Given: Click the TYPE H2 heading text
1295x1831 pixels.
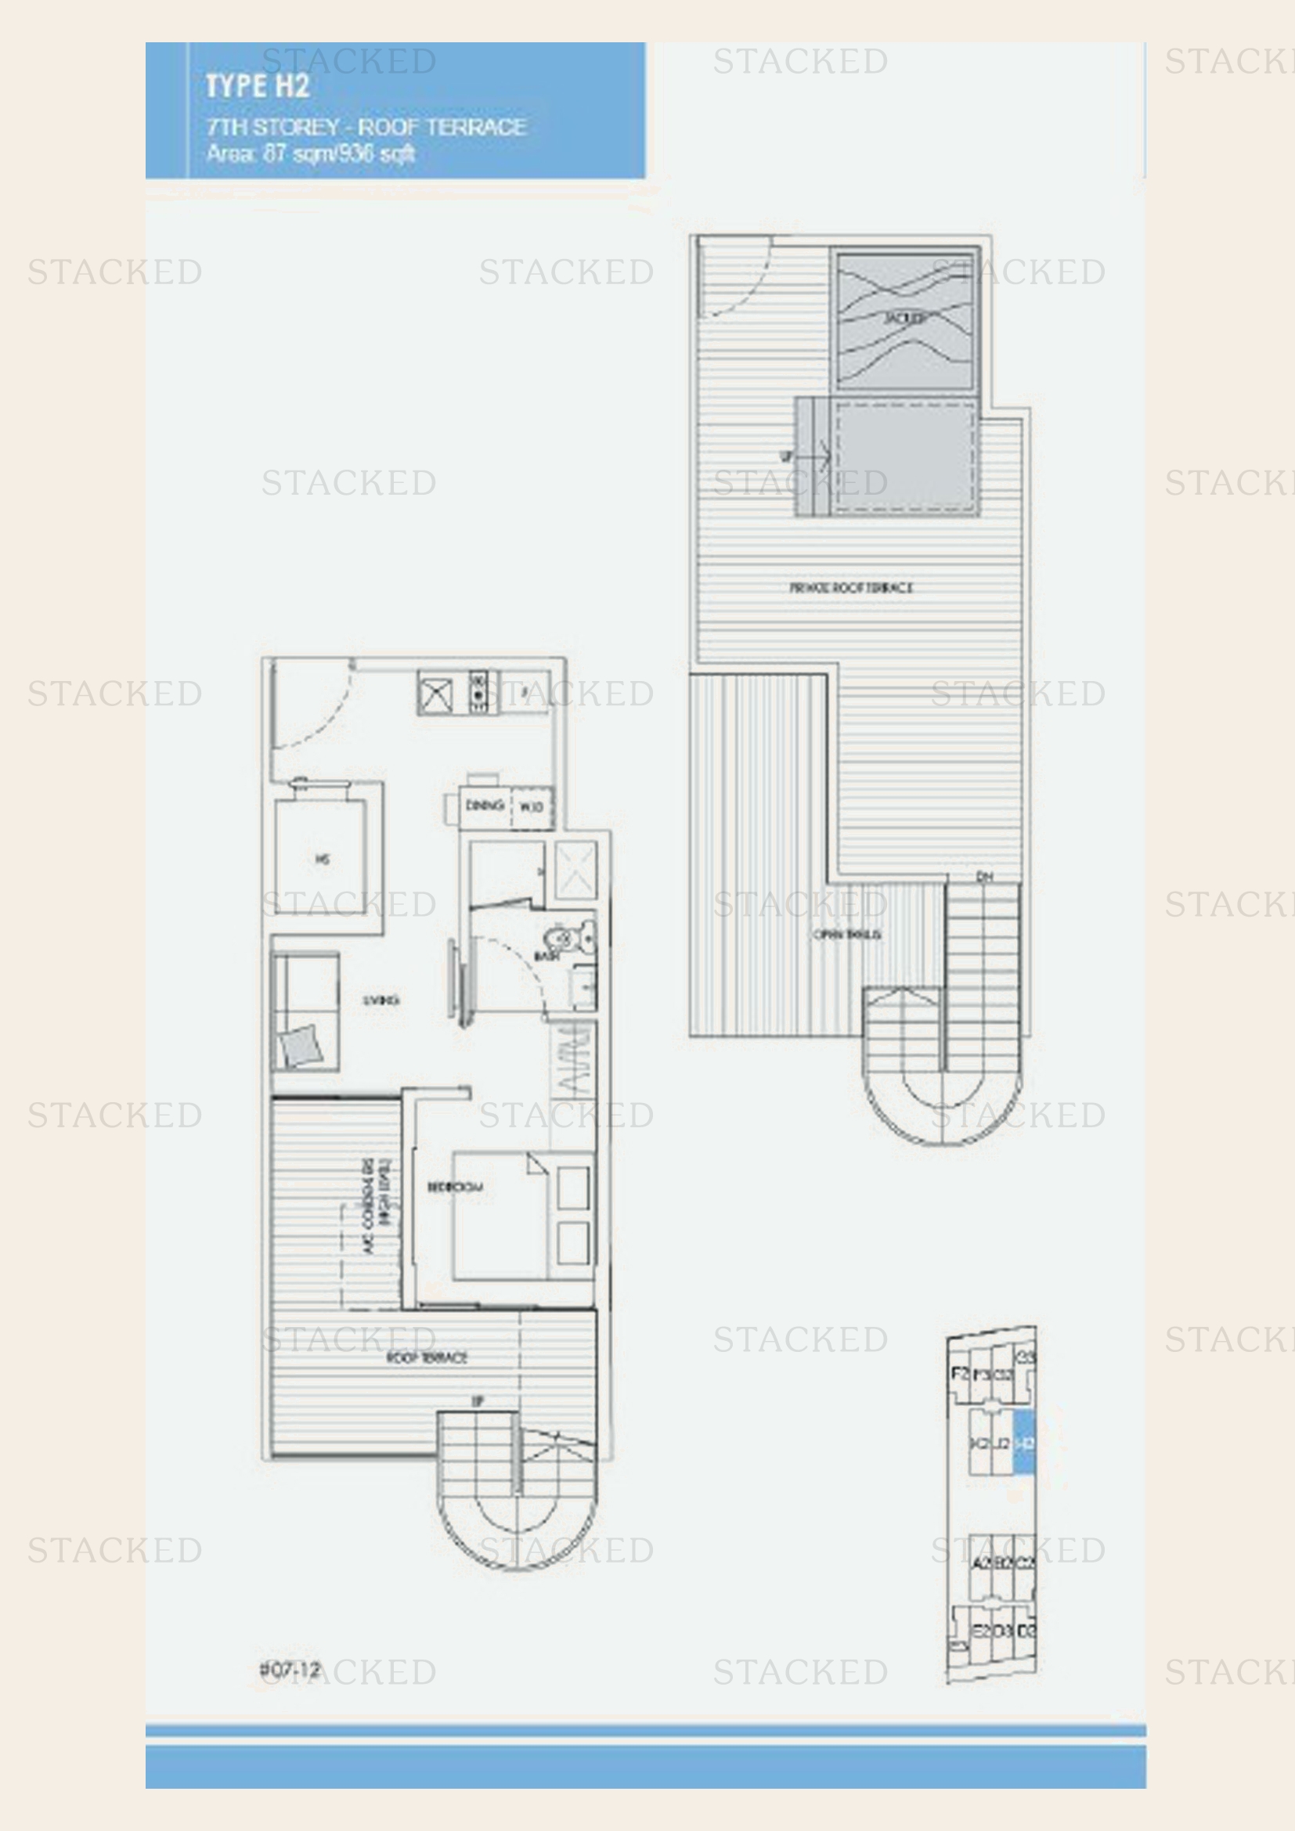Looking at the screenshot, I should coord(258,86).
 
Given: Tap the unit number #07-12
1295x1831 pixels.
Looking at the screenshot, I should coord(290,1669).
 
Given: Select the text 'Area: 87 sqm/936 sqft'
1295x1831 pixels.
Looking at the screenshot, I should coord(310,153).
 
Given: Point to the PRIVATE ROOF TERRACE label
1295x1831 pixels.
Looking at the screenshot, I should coord(851,588).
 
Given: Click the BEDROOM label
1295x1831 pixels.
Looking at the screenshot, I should coord(455,1188).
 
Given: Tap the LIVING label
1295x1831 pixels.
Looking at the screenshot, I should coord(381,1000).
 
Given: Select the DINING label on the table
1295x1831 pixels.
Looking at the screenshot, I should coord(484,806).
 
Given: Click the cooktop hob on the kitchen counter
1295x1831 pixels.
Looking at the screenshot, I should coord(478,690).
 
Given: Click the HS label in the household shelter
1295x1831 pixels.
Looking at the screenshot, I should coord(321,859).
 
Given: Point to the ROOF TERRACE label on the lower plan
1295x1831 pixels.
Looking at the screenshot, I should coord(427,1357).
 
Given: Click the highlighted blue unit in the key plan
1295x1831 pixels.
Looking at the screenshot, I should coord(1024,1441).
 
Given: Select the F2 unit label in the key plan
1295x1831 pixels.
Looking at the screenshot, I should coord(960,1373).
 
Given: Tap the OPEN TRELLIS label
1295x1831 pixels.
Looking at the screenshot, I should coord(846,934).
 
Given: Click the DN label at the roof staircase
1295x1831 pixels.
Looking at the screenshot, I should coord(985,878).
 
